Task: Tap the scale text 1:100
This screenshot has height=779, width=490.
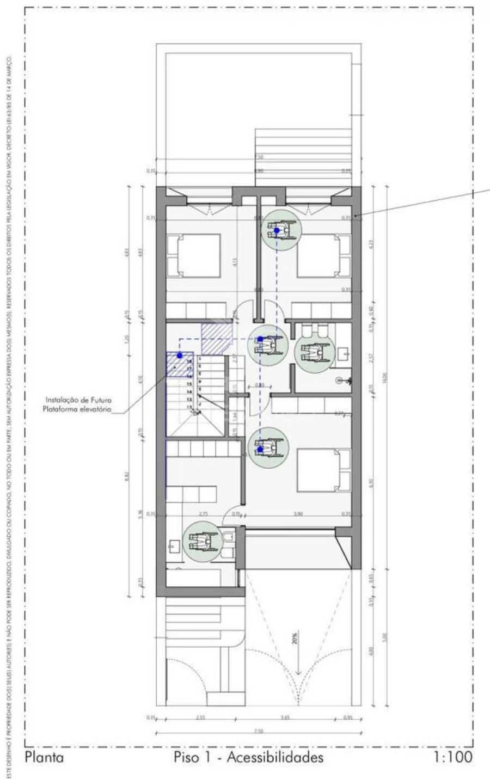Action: point(452,757)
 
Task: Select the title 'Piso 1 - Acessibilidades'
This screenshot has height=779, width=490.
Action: point(248,757)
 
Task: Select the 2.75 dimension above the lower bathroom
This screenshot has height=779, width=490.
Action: point(203,513)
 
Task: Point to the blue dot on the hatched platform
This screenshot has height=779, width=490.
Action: point(179,355)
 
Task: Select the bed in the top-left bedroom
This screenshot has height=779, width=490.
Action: point(194,255)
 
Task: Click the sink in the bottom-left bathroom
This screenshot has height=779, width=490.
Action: point(174,545)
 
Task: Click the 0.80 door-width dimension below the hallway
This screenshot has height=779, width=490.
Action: point(260,385)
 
